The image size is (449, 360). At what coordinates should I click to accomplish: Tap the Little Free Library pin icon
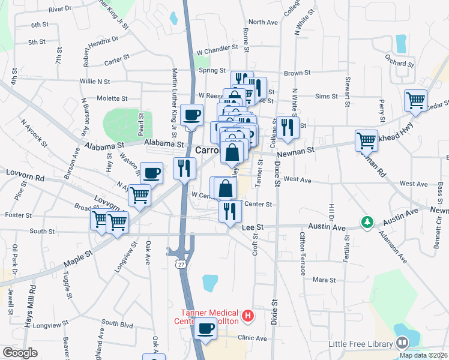[x=402, y=343]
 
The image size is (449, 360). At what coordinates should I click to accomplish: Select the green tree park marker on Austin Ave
[x=366, y=223]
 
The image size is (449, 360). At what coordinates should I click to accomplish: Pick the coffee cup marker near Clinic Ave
[x=206, y=329]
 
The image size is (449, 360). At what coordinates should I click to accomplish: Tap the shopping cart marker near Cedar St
[x=415, y=100]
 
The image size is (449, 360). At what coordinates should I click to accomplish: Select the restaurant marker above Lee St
[x=230, y=212]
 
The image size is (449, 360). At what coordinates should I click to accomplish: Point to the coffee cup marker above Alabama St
[x=191, y=115]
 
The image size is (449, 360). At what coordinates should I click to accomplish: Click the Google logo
[x=20, y=353]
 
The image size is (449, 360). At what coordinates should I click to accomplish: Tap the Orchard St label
[x=400, y=62]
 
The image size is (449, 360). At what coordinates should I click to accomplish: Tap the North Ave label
[x=263, y=22]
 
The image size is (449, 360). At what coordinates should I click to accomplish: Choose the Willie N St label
[x=95, y=81]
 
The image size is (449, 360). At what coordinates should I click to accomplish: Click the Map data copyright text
[x=423, y=355]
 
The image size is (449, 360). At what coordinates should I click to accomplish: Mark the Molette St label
[x=112, y=98]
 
